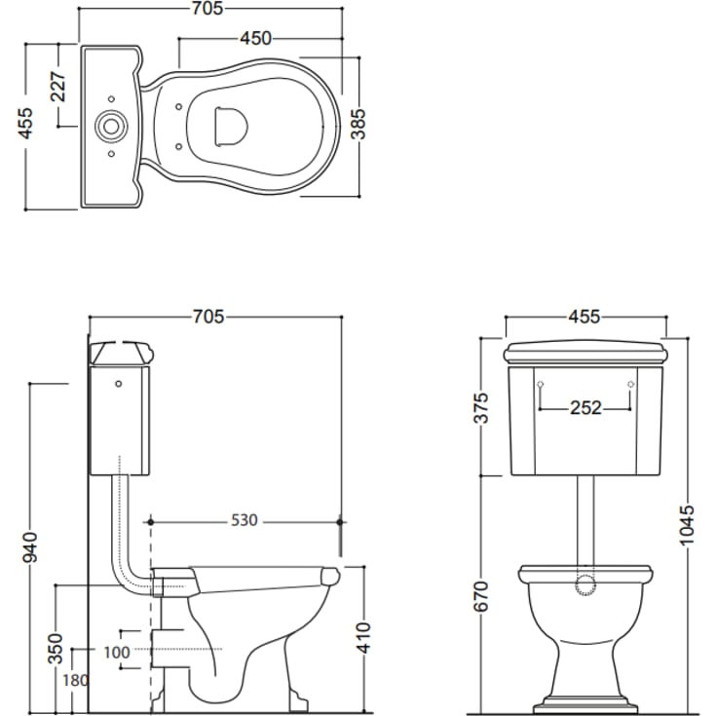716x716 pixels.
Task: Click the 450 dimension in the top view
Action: tap(256, 38)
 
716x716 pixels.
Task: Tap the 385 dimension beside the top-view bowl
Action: tap(358, 125)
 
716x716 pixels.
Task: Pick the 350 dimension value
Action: tap(56, 649)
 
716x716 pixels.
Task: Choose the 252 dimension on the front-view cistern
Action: tap(585, 407)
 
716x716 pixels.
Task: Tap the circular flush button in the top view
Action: tap(109, 126)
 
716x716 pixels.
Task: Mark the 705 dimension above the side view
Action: tap(208, 317)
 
